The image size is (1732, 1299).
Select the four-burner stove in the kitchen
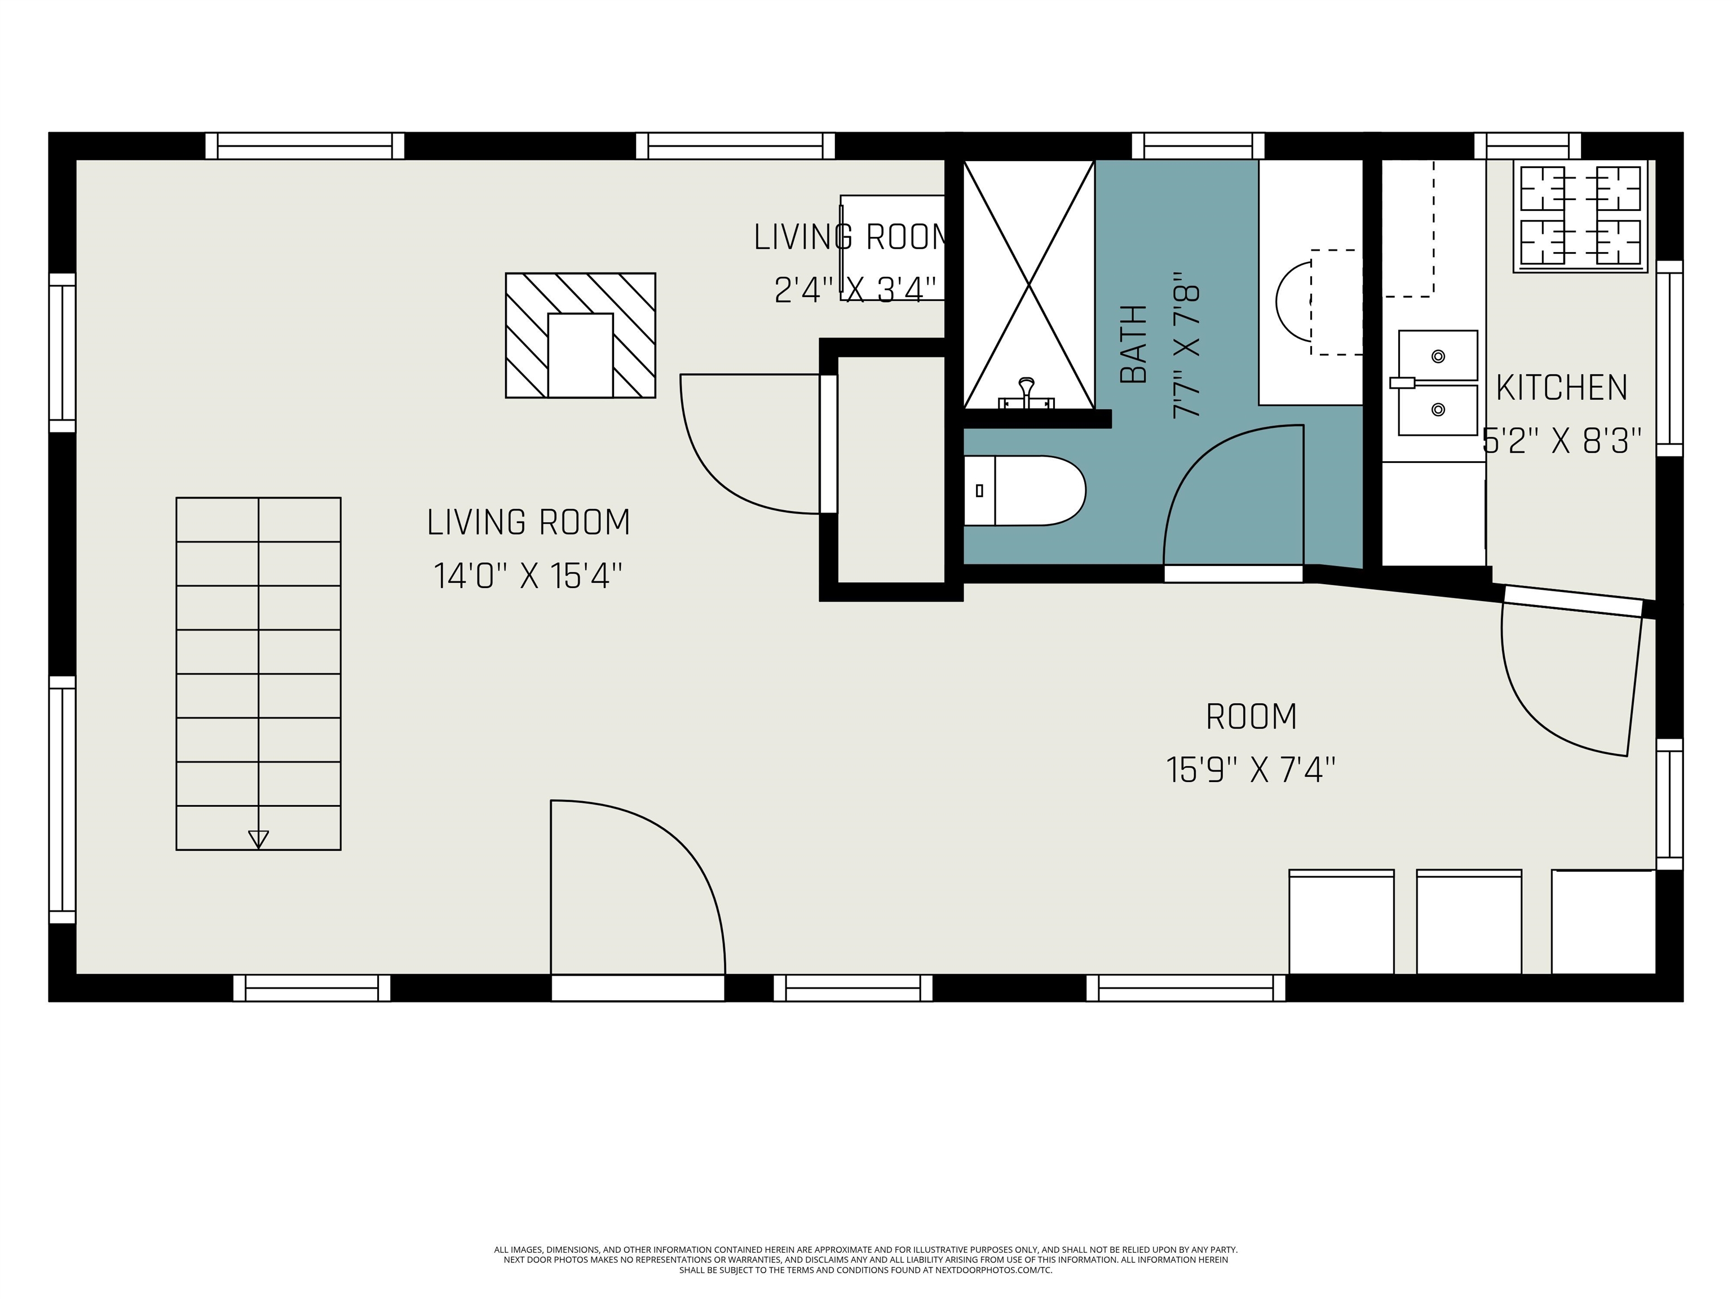pos(1580,216)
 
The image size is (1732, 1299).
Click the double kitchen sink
pos(1438,383)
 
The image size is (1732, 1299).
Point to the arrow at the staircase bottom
pos(258,838)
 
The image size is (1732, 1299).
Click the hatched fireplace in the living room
pos(580,335)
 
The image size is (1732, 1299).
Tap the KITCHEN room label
pos(1562,388)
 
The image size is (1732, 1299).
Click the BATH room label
pos(1133,344)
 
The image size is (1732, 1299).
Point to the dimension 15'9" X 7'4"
pos(1251,770)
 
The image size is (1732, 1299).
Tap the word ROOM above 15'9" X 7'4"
pos(1251,717)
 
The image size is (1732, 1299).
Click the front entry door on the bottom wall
pos(638,900)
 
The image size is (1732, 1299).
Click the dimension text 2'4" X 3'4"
pos(855,290)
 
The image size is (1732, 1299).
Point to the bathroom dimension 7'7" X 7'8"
pos(1186,344)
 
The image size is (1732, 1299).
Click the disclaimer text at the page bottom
pos(865,1260)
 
